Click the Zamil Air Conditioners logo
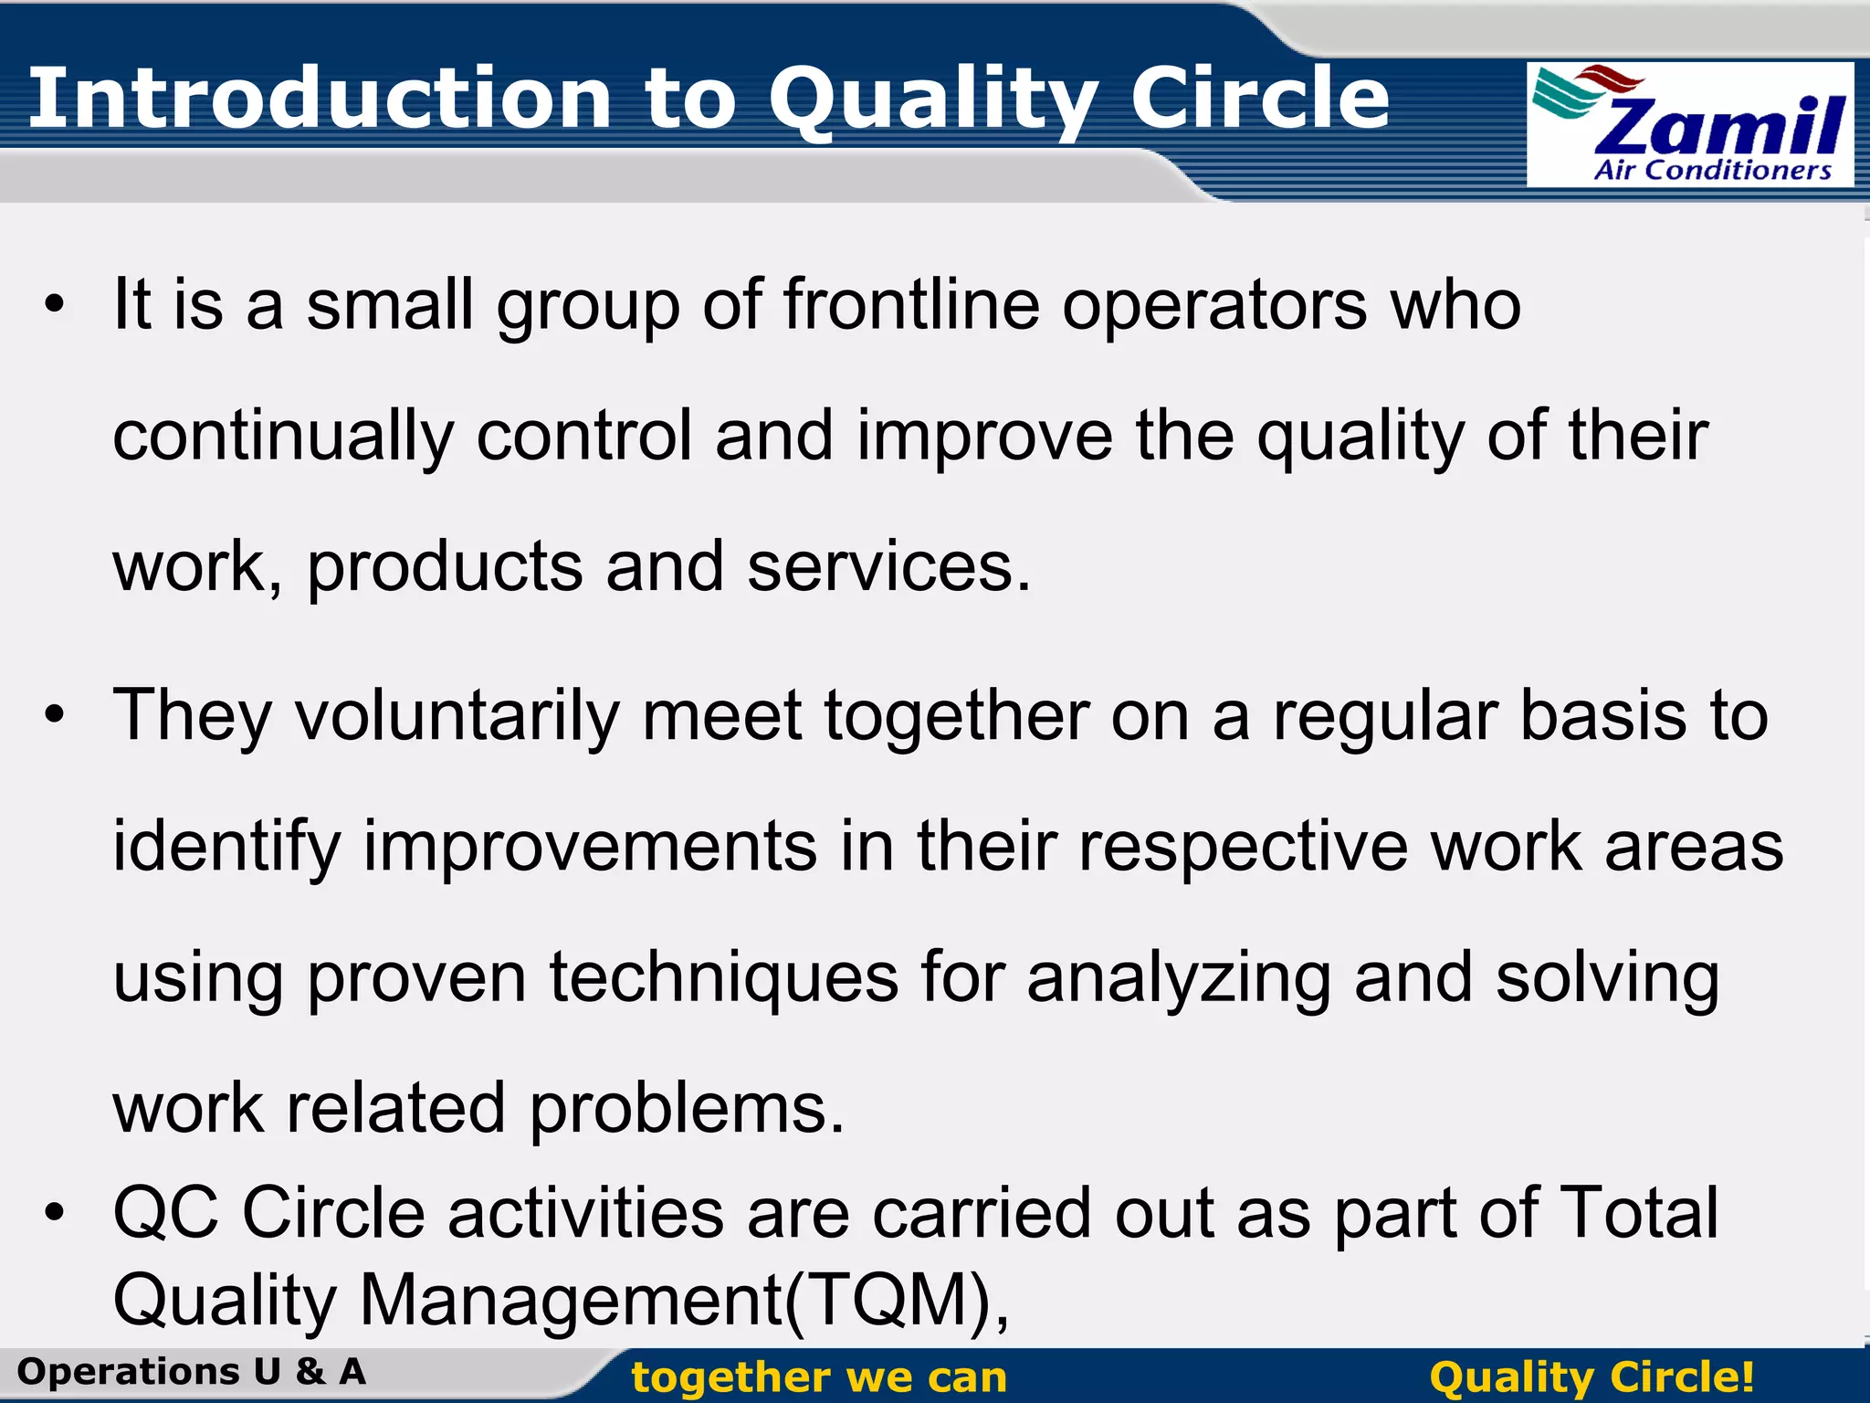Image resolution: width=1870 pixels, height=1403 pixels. [1690, 125]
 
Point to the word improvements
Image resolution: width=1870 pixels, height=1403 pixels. [590, 848]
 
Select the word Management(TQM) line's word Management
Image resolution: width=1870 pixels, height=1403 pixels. [571, 1301]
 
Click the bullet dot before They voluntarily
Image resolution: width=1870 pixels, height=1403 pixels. [55, 714]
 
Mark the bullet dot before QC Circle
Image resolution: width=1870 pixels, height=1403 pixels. [55, 1213]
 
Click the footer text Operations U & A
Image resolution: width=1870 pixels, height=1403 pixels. [192, 1372]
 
